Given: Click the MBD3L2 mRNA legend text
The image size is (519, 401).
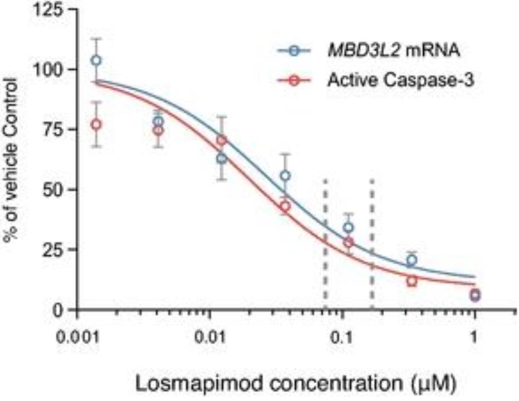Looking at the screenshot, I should [x=393, y=52].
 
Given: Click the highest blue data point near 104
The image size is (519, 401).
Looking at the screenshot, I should [x=96, y=60].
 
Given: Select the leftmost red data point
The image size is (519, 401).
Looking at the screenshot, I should [x=96, y=124].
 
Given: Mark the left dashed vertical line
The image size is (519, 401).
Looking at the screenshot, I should [x=325, y=240].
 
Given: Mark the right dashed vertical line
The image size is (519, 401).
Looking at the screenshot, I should [x=372, y=240].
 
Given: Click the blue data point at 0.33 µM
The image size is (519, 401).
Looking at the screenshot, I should [x=412, y=260].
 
